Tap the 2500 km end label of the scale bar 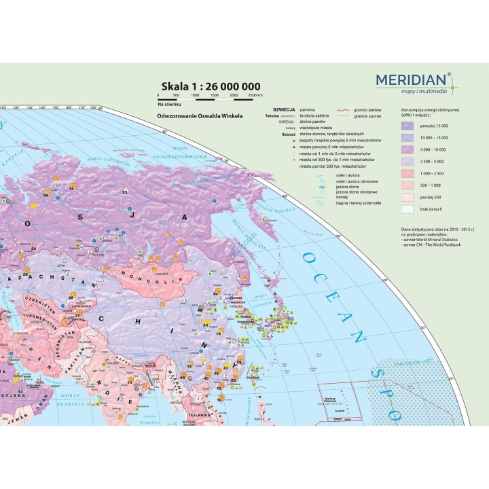pyautogui.click(x=255, y=96)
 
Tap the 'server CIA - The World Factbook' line pyautogui.click(x=433, y=244)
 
